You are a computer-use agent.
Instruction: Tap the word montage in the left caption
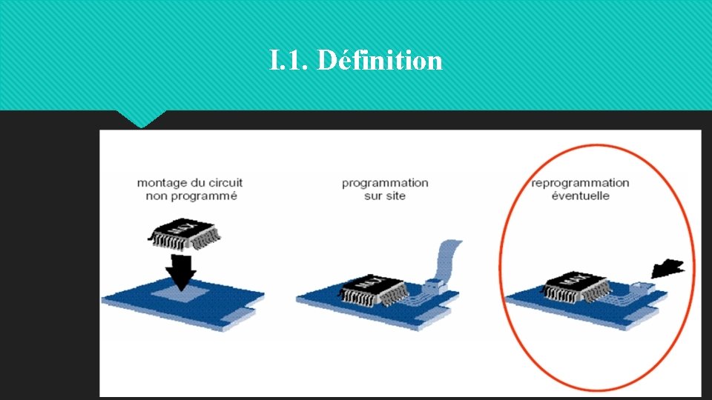[161, 182]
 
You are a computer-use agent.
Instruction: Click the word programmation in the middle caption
[385, 182]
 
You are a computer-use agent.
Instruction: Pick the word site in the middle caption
[395, 196]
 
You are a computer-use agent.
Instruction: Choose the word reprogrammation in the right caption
[580, 182]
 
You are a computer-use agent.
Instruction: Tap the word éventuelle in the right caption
[580, 196]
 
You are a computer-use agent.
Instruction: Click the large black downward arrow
[180, 270]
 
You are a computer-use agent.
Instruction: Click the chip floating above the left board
[185, 234]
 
